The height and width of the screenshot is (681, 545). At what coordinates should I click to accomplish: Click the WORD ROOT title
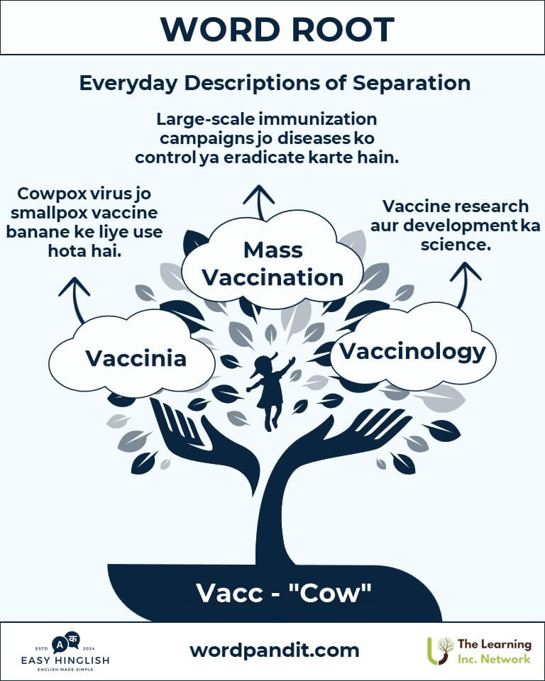pos(277,30)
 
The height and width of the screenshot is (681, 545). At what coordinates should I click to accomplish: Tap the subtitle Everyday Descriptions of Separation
pos(275,82)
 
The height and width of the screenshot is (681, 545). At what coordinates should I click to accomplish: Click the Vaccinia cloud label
pos(136,358)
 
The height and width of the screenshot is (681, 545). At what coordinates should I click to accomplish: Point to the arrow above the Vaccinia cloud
pos(75,299)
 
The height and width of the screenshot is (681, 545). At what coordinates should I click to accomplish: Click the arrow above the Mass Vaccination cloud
pos(259,201)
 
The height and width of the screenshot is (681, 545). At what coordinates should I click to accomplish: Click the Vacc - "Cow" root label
pos(283,593)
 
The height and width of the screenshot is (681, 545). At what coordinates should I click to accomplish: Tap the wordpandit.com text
pos(274,650)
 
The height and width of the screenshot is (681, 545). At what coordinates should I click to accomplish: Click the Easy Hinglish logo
pos(65,651)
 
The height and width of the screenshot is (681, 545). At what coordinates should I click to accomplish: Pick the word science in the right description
pos(456,245)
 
